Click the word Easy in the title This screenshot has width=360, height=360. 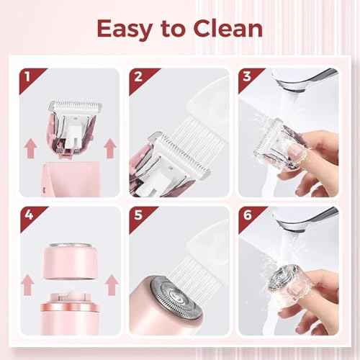pos(124,30)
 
